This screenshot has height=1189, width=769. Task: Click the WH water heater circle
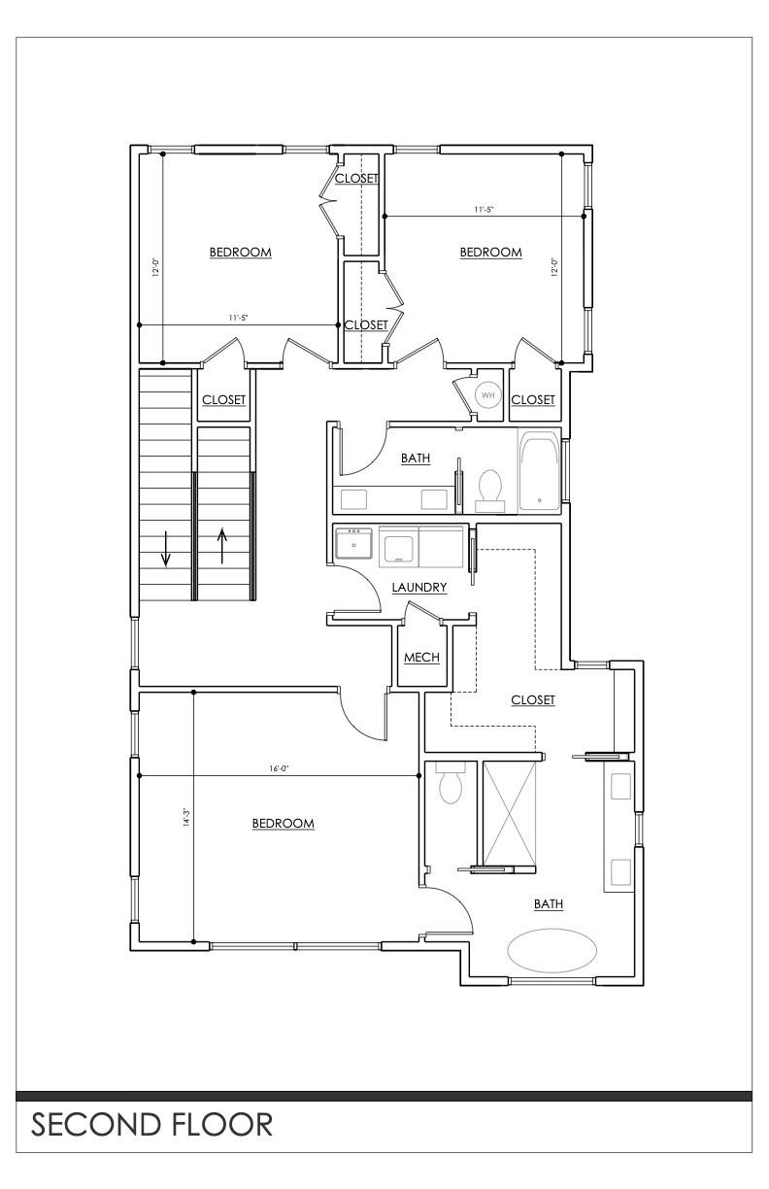487,395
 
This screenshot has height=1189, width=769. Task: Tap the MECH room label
422,657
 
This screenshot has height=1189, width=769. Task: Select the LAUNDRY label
419,587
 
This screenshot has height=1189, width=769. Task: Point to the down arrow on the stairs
166,549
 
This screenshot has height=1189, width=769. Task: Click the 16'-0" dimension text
278,767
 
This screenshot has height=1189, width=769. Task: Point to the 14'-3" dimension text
185,818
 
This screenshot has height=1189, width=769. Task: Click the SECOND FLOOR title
151,1124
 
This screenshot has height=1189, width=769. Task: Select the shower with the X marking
510,814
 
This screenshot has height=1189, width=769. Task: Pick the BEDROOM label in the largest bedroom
283,824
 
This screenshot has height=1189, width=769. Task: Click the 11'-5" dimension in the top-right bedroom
484,209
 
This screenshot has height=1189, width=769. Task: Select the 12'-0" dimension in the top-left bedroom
155,267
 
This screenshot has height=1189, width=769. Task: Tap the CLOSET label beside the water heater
533,399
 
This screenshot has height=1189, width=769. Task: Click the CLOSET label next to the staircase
224,399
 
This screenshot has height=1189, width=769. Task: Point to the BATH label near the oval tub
549,903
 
